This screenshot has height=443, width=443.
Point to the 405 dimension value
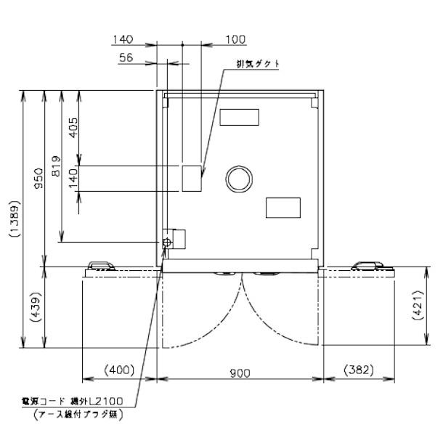point(73,127)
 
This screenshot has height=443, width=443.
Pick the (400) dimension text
point(119,370)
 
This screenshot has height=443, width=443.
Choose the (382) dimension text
point(358,370)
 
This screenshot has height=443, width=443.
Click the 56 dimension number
point(126,58)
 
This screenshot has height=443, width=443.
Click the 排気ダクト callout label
point(258,63)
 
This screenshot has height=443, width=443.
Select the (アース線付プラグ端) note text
point(78,415)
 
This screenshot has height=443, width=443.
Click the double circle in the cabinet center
point(239,178)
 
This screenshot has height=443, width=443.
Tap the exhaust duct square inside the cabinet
point(192,178)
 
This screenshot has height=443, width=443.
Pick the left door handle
point(99,266)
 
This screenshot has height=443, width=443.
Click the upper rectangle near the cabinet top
point(239,116)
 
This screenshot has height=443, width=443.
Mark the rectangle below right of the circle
point(283,208)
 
